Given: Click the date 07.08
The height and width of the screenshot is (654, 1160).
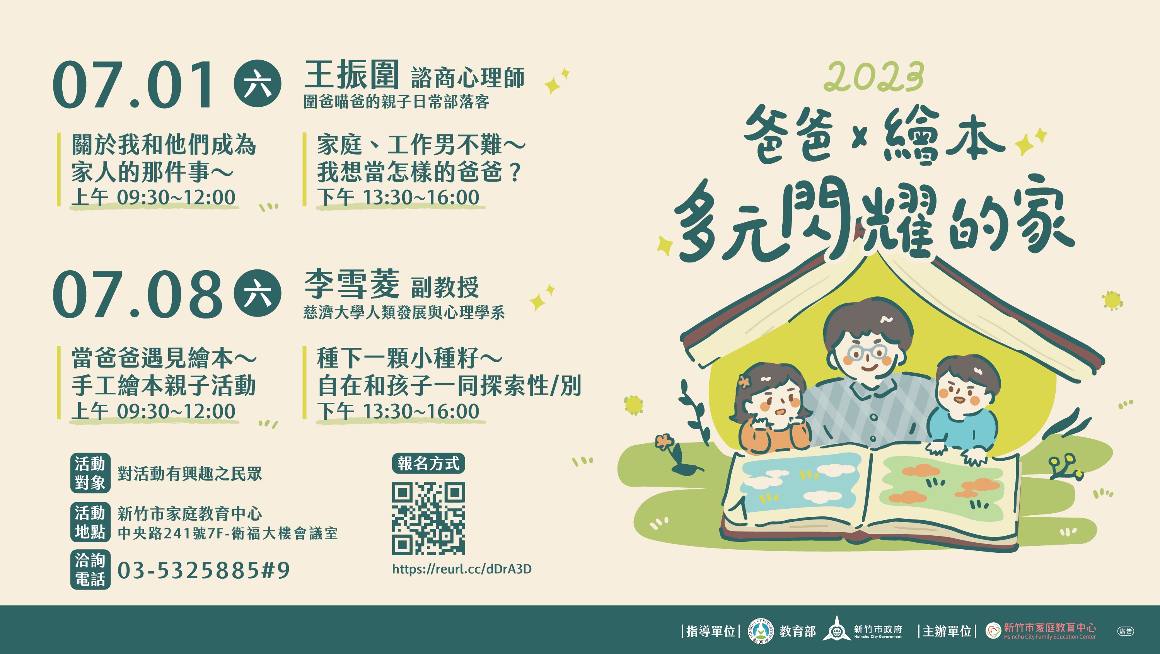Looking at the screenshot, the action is pos(137,295).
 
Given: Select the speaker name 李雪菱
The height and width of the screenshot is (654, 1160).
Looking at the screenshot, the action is pos(351,284).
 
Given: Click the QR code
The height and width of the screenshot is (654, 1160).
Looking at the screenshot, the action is pos(428,518).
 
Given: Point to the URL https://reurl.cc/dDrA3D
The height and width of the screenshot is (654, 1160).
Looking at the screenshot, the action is pos(462,569).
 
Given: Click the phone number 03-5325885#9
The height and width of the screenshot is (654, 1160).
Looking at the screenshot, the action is pos(203,570).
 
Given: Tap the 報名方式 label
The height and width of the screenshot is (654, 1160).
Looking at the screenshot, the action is pos(428,463).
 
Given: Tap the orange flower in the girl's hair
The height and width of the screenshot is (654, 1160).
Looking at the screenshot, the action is pos(744,381).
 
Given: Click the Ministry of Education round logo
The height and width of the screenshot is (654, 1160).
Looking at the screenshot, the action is pos(761,630).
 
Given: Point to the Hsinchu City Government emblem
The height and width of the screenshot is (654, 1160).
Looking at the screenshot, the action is pos(837,629).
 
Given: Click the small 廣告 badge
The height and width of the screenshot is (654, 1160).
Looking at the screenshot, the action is pos(1125,631).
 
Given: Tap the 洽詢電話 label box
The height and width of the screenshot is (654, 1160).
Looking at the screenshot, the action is pos(90,569).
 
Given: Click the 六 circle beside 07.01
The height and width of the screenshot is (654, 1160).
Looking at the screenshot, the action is pos(258,84).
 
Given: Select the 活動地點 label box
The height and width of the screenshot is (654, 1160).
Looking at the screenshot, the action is pos(90,522).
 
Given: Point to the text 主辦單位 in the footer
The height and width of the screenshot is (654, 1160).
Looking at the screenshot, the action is pos(947,631).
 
